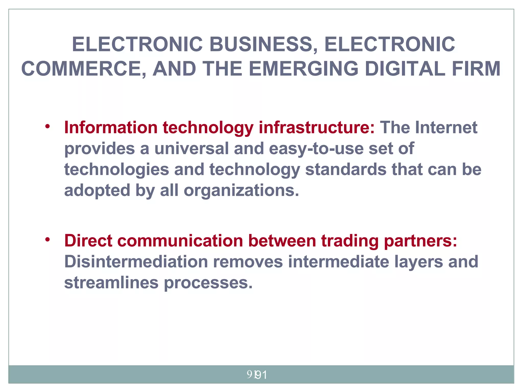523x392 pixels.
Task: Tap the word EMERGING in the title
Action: click(x=303, y=69)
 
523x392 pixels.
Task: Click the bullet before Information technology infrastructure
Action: click(x=47, y=126)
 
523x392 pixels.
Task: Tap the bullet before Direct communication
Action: click(x=47, y=240)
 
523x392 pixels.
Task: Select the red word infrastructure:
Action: click(x=317, y=127)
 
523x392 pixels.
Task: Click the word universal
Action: click(x=191, y=148)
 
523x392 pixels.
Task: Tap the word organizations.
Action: click(x=241, y=191)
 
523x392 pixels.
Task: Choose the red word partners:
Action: click(x=420, y=241)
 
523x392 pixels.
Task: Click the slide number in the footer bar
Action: click(x=257, y=375)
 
